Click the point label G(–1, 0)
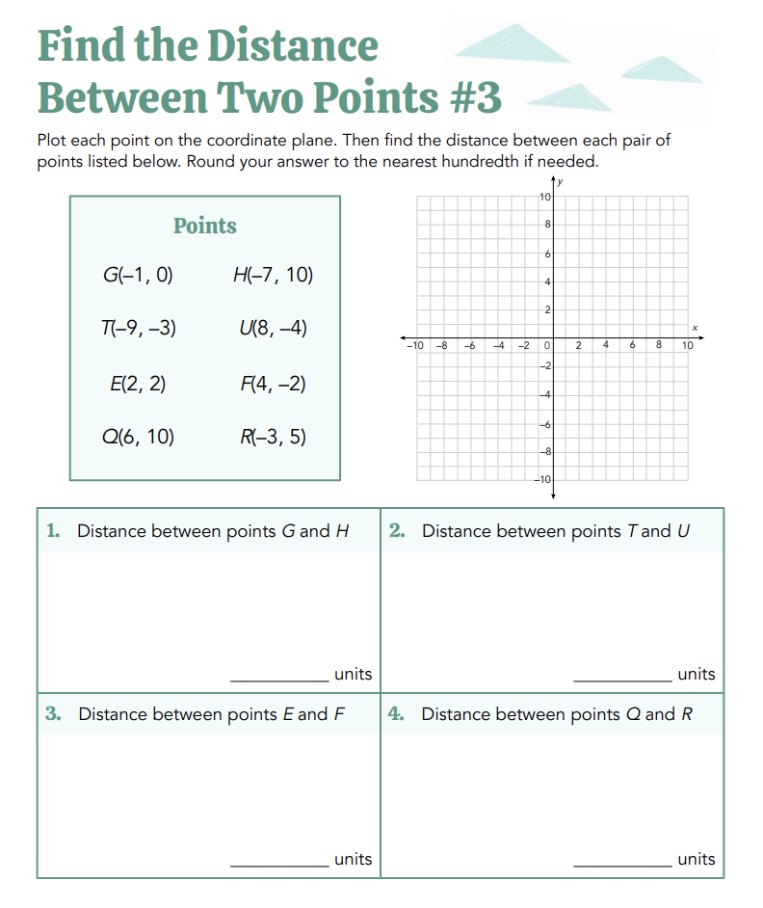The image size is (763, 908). tap(138, 275)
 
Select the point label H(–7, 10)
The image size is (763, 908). tap(273, 275)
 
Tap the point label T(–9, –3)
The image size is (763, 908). tap(138, 328)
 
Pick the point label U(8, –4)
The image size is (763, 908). tap(273, 328)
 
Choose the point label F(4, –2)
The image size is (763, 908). tap(273, 384)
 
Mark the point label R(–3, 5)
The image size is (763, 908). tap(273, 437)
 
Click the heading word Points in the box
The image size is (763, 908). tap(204, 226)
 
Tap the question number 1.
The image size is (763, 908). tap(54, 530)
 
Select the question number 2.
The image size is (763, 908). tap(397, 530)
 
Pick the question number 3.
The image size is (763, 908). tap(54, 713)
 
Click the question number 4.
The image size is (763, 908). tap(397, 713)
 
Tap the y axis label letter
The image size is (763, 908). tap(561, 181)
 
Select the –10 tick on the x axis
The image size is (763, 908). tap(414, 344)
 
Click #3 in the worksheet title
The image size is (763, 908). tap(475, 97)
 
